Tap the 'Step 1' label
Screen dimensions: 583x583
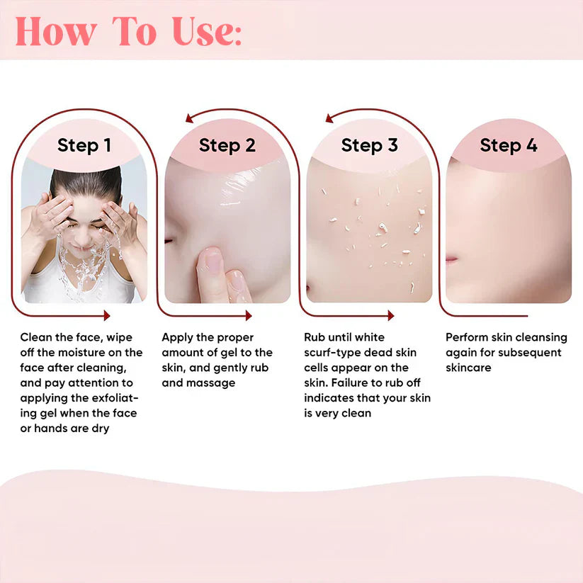pos(84,146)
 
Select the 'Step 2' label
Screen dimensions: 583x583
pos(227,146)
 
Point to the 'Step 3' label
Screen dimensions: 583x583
pos(369,146)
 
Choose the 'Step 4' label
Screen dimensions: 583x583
pos(508,146)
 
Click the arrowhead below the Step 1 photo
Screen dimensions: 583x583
pos(106,315)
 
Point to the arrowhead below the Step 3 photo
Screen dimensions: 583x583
pos(389,315)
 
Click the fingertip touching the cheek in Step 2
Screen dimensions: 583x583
pos(213,261)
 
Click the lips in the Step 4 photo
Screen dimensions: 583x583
pos(451,260)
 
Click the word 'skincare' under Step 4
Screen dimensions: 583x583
pos(468,368)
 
